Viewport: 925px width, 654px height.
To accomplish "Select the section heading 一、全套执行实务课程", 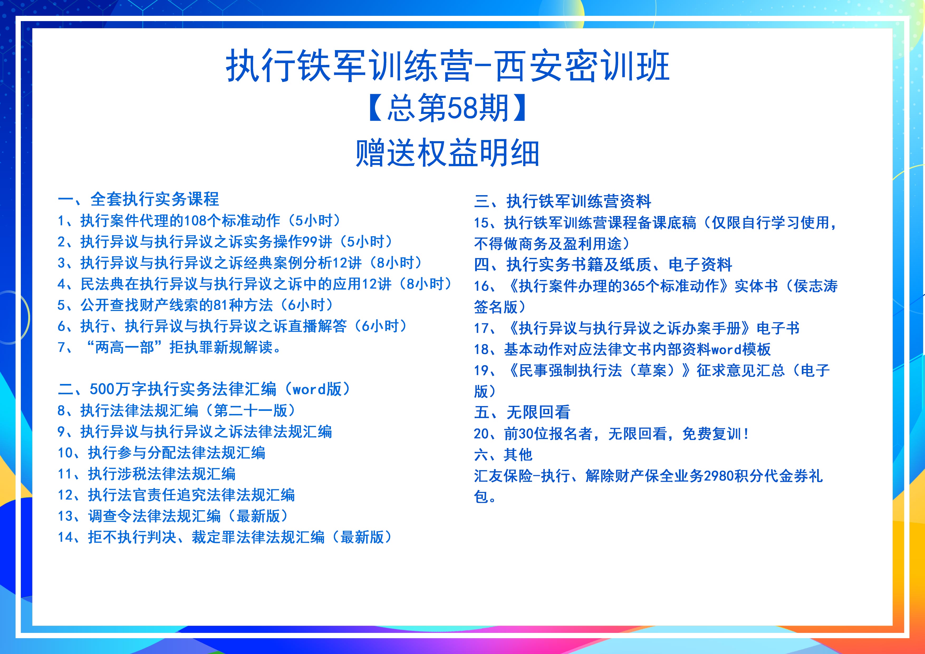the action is pyautogui.click(x=138, y=199).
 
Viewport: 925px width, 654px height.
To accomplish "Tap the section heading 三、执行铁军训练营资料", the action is pyautogui.click(x=562, y=201).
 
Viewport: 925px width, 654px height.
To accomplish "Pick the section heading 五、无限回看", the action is pyautogui.click(x=522, y=412).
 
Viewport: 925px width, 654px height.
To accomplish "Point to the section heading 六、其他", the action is pyautogui.click(x=503, y=455).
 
